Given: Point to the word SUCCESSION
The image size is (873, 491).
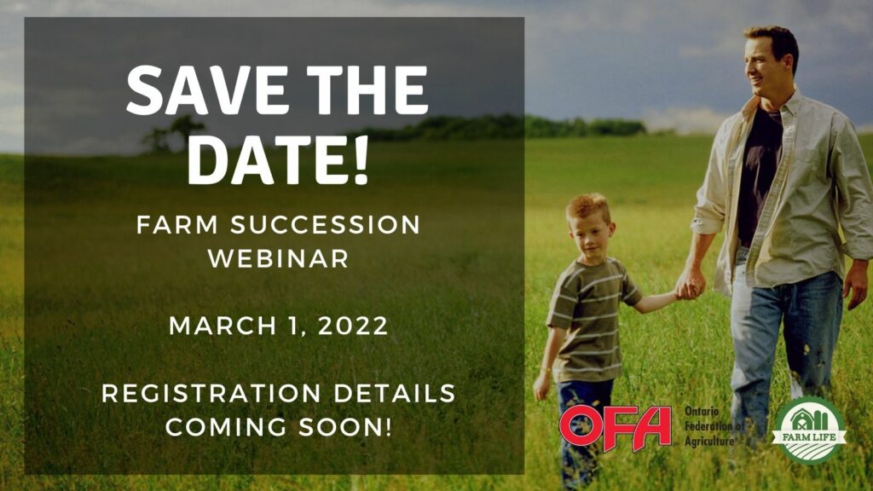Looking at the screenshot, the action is pos(325,225).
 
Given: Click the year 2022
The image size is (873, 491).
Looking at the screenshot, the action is pos(353,326).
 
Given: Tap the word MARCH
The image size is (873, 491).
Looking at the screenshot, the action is pos(223,326).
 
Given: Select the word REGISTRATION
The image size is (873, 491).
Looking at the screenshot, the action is pos(211,394).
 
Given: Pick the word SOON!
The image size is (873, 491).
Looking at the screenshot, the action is pos(345,428).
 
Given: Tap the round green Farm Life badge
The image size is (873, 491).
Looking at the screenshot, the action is pos(810,430).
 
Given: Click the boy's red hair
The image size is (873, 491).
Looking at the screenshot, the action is pos(587,206).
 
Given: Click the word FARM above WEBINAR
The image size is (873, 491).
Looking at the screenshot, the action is pos(177,225).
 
